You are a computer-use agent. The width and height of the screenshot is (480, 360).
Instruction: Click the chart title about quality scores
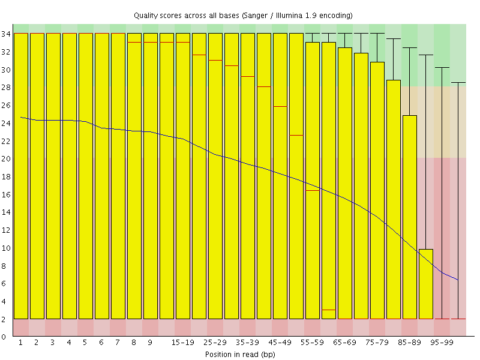242,14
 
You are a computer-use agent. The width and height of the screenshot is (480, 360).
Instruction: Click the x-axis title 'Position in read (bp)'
239,354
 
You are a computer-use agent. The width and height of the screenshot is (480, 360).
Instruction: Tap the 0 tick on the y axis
4,337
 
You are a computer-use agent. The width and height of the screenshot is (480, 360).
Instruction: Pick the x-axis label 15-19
182,343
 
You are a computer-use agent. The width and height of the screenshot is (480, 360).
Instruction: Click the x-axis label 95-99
442,343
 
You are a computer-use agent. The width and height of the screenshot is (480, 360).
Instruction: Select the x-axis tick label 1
20,343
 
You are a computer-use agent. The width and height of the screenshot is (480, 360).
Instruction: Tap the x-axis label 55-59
312,343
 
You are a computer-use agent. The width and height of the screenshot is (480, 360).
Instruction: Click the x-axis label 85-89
409,343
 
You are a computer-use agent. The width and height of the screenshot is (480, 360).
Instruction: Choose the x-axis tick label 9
150,343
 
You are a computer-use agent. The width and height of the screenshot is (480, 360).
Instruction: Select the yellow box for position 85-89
410,216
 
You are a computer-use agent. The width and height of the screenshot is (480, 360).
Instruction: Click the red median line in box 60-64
329,310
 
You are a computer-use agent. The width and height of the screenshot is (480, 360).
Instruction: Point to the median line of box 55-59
313,190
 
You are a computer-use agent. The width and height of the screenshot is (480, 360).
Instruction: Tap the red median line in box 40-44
264,87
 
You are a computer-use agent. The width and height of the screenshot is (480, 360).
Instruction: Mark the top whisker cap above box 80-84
394,38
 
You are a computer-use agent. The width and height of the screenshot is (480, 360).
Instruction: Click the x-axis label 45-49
280,343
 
